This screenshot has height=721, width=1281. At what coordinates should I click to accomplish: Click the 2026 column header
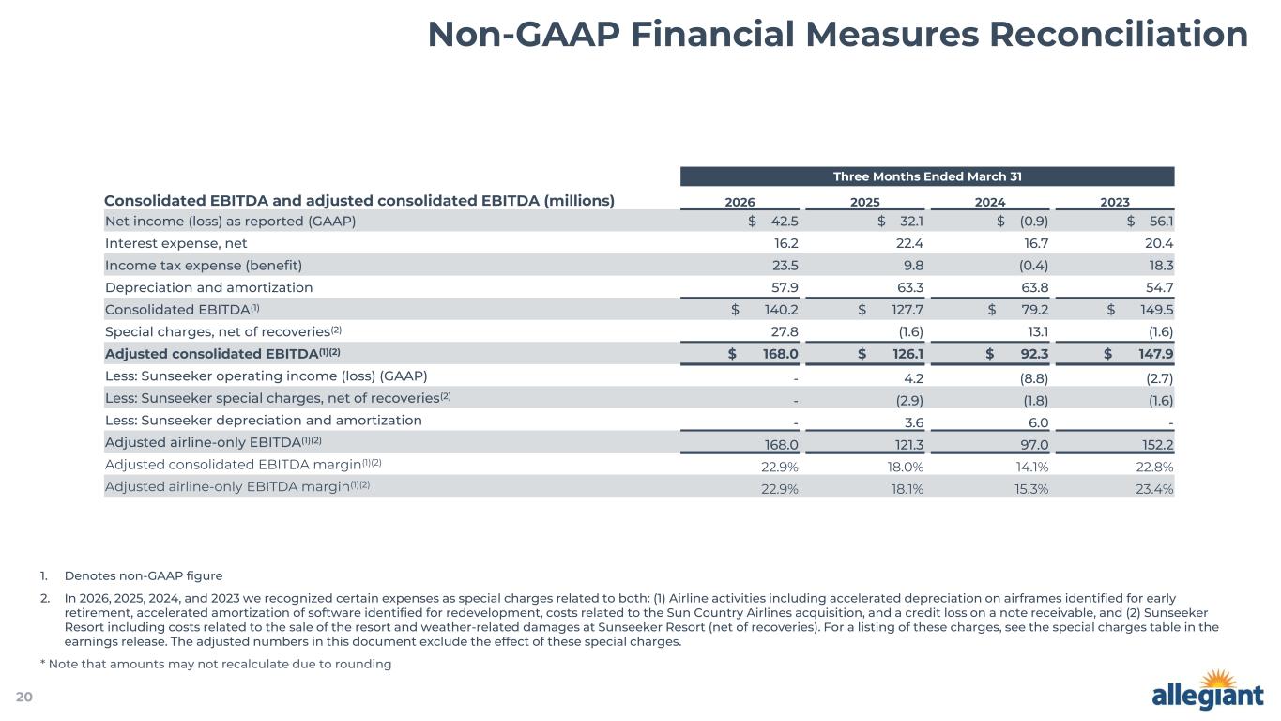(x=740, y=202)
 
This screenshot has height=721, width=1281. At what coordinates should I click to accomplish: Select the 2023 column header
(x=1115, y=202)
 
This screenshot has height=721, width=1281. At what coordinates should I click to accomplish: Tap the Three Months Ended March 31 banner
(x=927, y=176)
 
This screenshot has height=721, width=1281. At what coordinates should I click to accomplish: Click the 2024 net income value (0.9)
(x=1034, y=221)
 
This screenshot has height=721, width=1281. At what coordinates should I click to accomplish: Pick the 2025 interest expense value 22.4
(x=909, y=243)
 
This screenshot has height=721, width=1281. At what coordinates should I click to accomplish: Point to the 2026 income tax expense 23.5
(x=785, y=266)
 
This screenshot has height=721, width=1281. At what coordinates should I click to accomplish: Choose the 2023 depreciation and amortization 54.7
(x=1159, y=287)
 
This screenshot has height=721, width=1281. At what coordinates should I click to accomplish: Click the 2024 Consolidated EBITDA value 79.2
(x=1034, y=310)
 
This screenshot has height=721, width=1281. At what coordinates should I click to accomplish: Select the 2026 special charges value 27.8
(x=785, y=332)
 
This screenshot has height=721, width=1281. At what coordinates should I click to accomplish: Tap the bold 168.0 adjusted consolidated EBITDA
(x=780, y=354)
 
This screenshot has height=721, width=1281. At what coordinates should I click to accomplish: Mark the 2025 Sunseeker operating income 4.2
(x=914, y=378)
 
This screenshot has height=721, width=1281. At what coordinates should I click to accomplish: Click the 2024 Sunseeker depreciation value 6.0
(x=1038, y=422)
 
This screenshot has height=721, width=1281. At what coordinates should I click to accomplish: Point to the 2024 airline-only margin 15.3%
(x=1031, y=489)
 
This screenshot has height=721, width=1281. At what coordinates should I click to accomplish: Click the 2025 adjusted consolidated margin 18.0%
(x=906, y=467)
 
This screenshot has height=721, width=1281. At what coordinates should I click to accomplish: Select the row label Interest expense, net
(x=176, y=244)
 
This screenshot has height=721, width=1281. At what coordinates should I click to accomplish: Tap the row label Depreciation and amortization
(x=208, y=288)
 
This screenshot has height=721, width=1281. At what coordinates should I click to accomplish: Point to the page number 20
(x=24, y=697)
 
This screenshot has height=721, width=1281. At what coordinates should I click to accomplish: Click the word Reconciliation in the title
(x=1119, y=34)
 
